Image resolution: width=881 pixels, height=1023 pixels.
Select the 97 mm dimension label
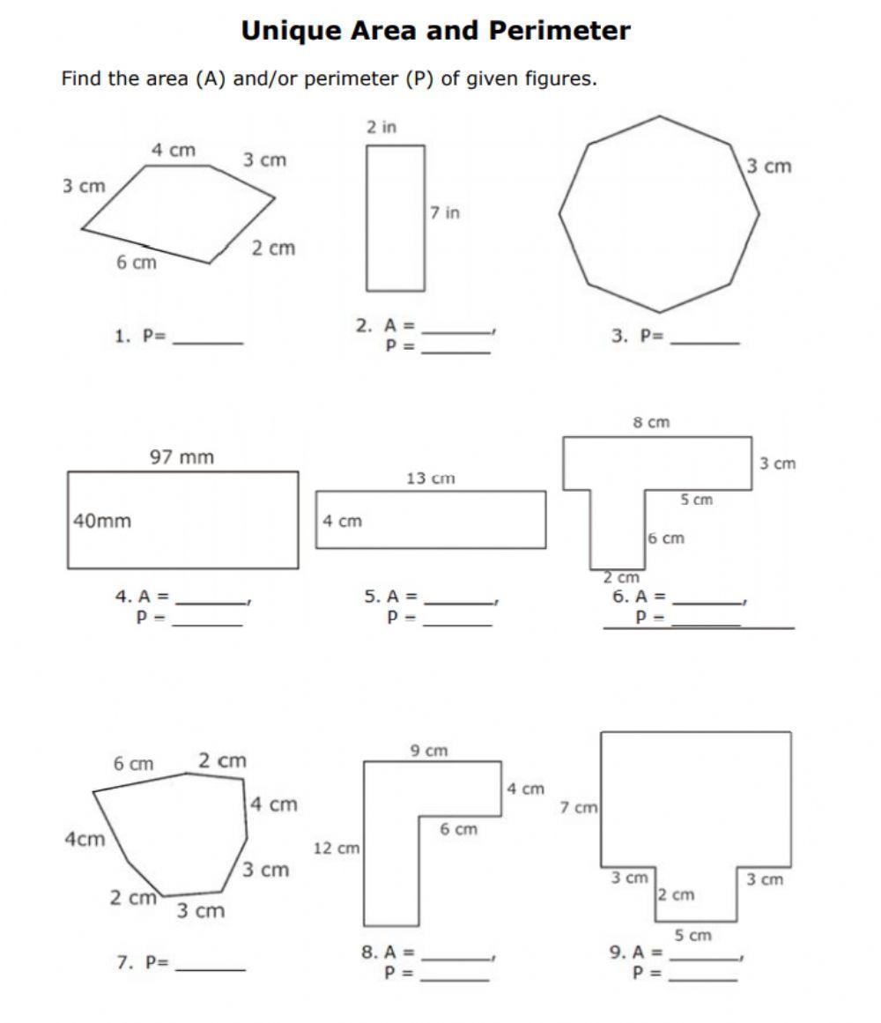[181, 457]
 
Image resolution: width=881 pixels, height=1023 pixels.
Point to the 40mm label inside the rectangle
[102, 521]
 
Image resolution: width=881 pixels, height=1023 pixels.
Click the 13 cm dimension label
[430, 478]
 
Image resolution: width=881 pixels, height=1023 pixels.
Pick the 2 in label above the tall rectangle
[381, 127]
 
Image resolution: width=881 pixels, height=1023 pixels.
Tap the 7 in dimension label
[445, 212]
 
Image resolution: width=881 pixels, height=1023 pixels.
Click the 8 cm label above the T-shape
[651, 423]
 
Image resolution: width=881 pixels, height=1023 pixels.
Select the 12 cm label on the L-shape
[337, 849]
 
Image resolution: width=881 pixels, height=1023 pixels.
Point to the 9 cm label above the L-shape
[429, 751]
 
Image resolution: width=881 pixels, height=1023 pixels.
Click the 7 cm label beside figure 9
[579, 807]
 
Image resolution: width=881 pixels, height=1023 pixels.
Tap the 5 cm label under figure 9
[693, 935]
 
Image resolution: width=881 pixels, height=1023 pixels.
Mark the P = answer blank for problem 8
[455, 974]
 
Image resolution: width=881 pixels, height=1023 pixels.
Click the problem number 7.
[124, 962]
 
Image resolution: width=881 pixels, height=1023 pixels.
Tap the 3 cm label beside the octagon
[769, 167]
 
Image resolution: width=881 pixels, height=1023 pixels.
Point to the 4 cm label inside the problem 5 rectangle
[342, 521]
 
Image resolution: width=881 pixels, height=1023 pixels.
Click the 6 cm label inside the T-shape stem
[666, 538]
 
